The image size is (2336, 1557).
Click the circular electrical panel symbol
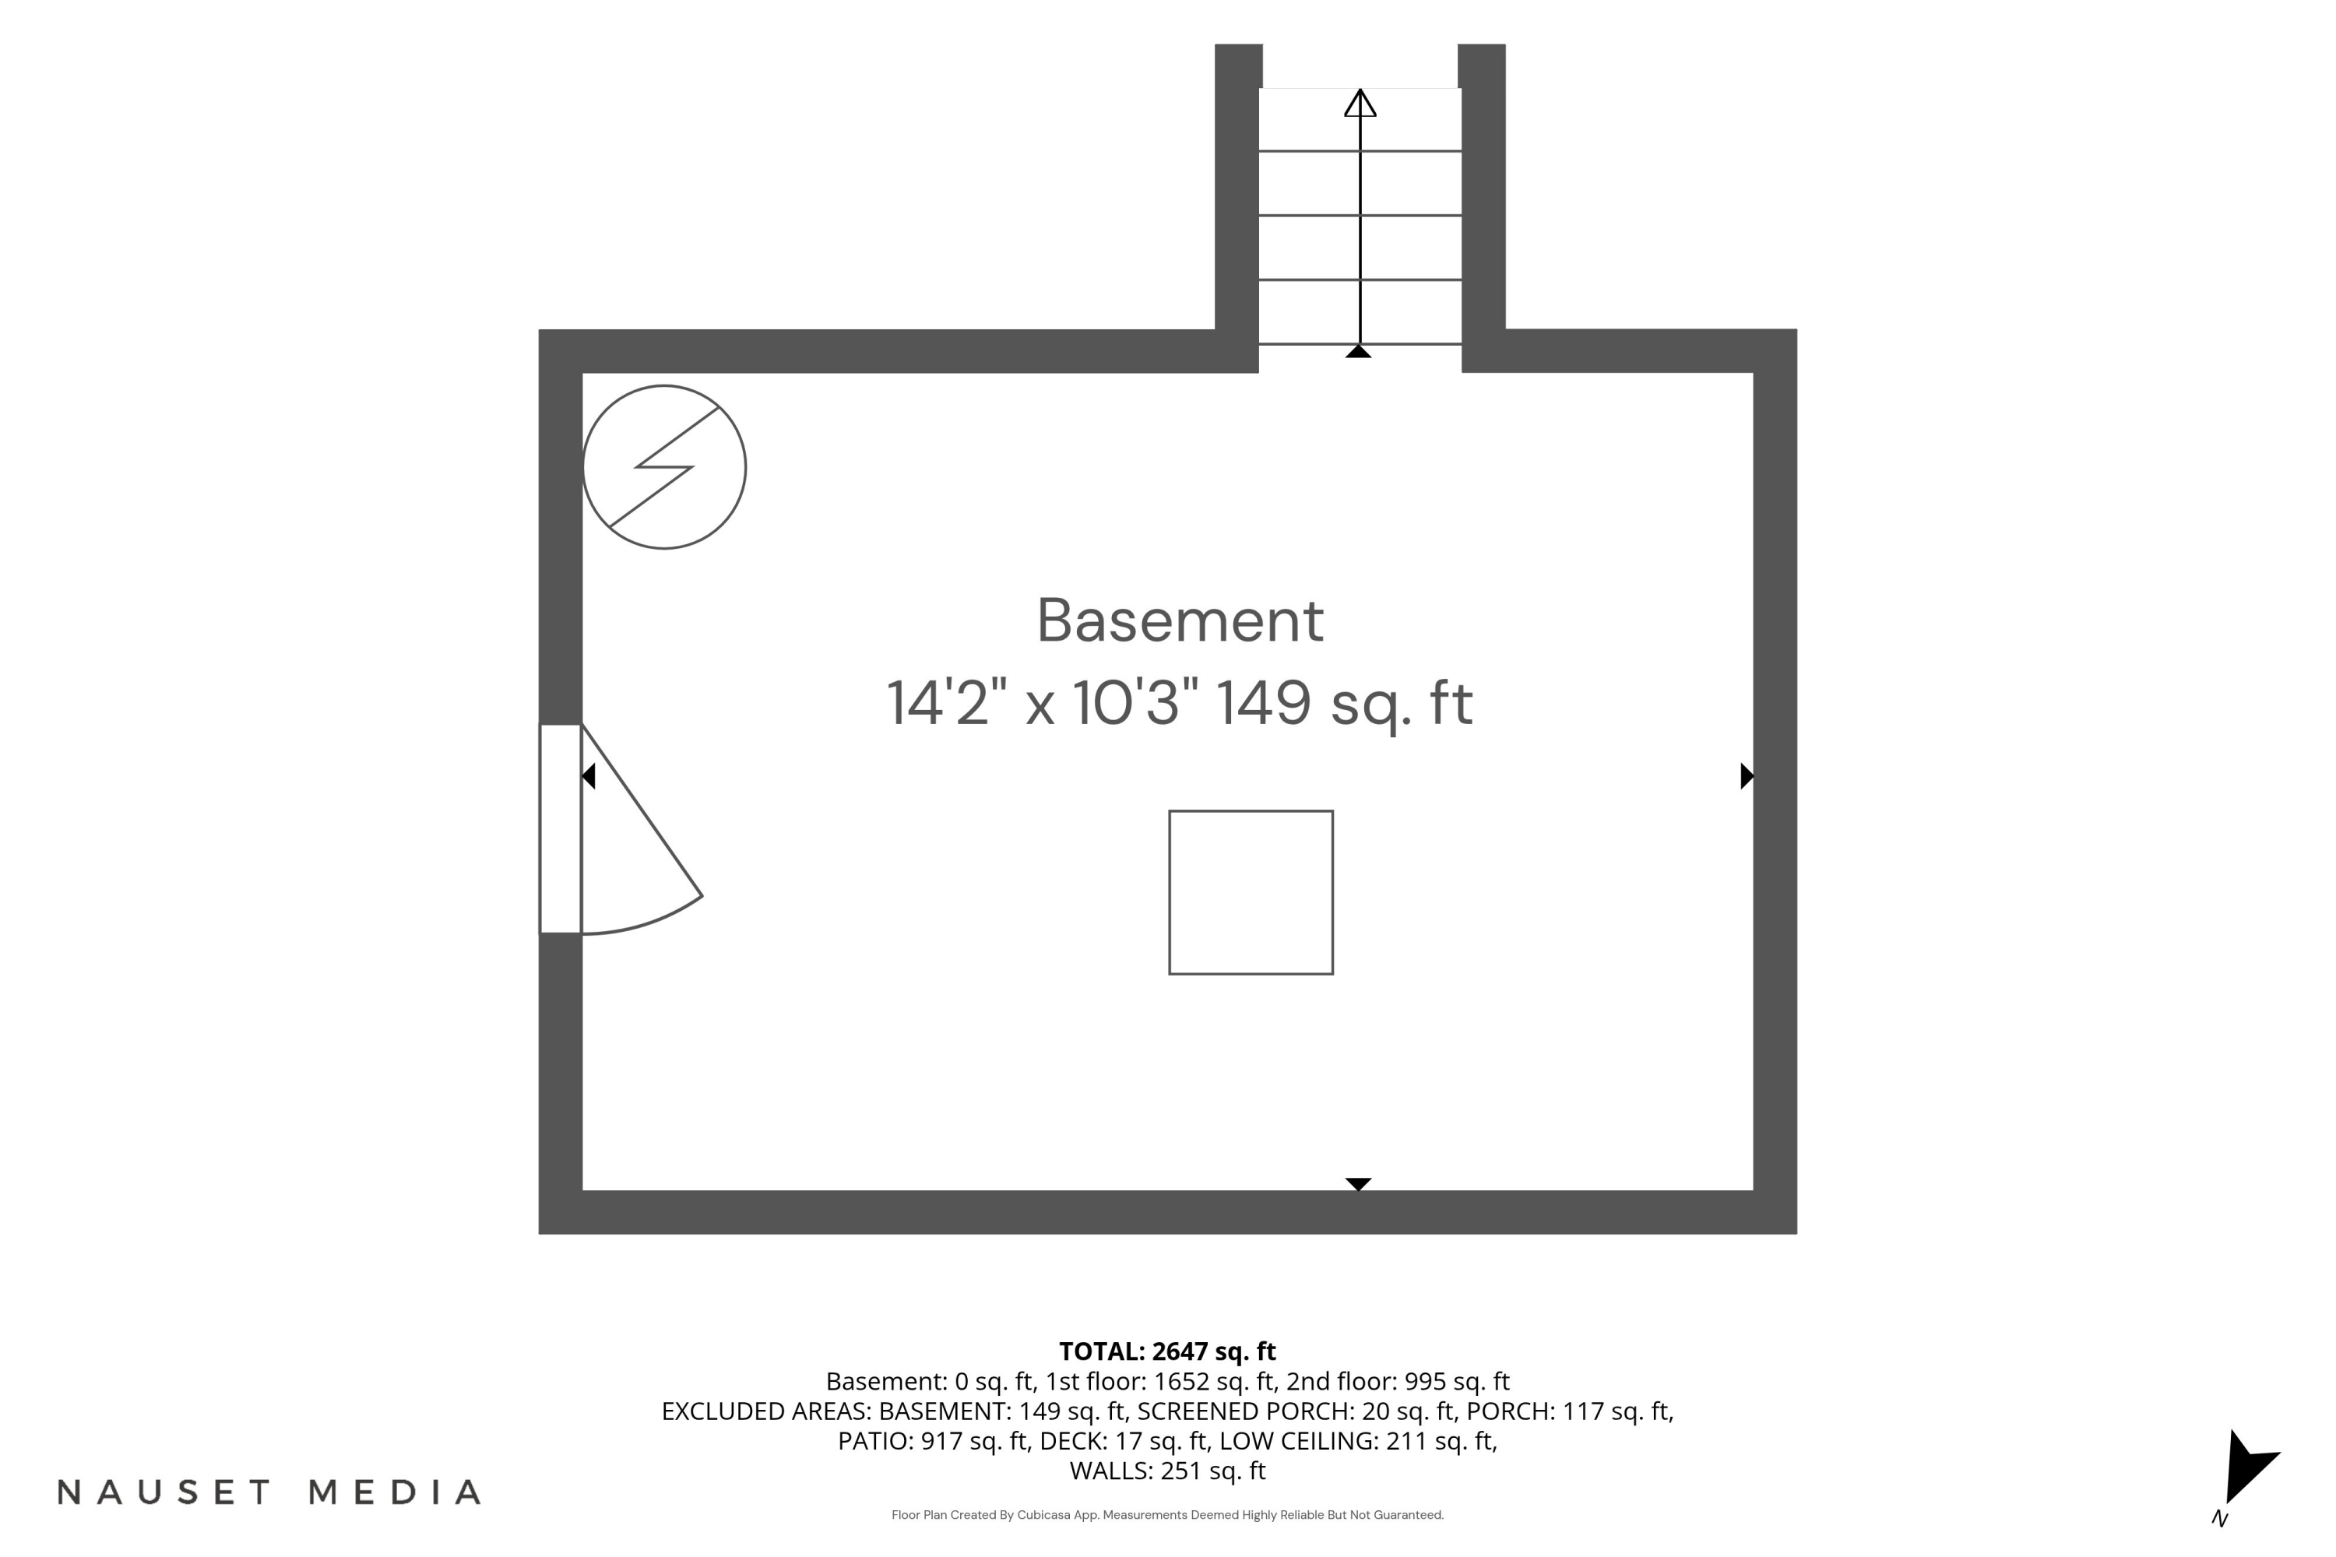click(x=664, y=466)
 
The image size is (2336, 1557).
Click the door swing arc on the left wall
click(x=650, y=920)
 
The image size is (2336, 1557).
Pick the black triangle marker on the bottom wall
click(x=1359, y=1183)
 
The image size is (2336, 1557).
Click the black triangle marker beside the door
click(x=588, y=775)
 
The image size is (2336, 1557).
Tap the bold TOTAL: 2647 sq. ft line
click(x=1167, y=1351)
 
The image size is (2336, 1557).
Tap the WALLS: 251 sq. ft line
click(x=1168, y=1471)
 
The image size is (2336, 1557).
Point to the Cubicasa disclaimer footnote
click(x=1168, y=1515)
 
